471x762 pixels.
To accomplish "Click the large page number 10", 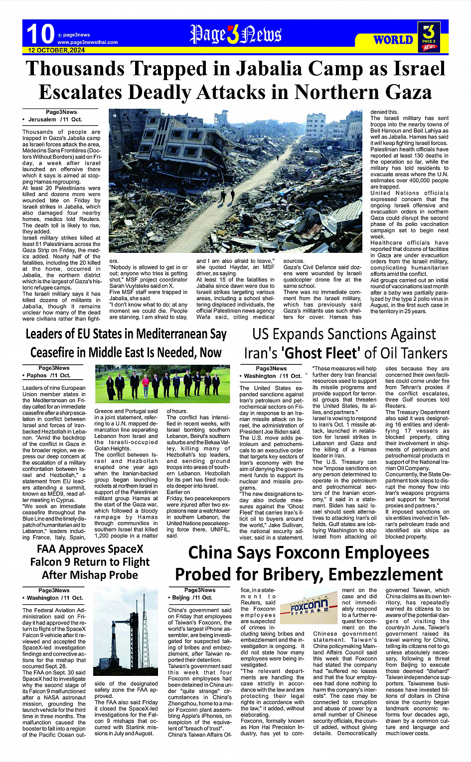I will (x=40, y=34).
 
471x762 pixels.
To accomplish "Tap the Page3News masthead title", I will (x=235, y=35).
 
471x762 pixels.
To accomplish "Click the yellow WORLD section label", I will (x=393, y=40).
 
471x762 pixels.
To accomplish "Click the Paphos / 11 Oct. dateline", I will (x=49, y=375).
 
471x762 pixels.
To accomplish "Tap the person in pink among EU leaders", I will (x=146, y=386).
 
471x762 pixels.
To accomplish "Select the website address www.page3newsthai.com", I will (x=87, y=42).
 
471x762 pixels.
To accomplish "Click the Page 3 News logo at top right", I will (x=429, y=36).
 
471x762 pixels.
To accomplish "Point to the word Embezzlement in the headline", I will (x=383, y=575).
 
